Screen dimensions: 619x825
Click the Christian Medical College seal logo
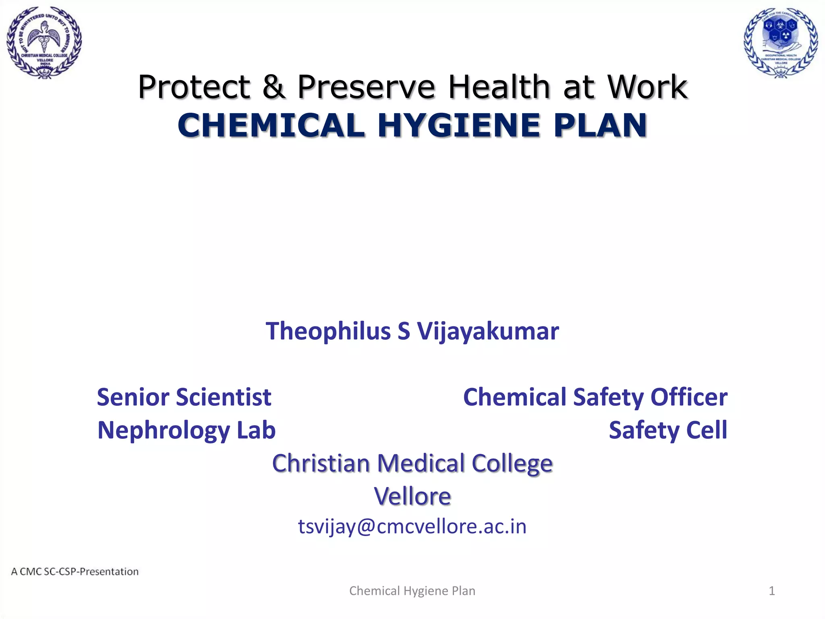click(44, 42)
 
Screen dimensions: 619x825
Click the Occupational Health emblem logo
click(781, 42)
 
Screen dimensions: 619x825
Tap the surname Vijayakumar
click(488, 331)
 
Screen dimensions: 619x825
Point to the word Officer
click(689, 397)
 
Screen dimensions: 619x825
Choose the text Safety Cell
click(668, 430)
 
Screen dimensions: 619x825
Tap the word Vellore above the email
click(412, 496)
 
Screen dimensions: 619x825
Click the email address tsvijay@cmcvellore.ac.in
click(412, 526)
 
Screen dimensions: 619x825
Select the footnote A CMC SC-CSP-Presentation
click(75, 571)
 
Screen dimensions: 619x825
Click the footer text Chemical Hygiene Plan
click(412, 591)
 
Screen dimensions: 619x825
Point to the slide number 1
click(772, 591)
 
